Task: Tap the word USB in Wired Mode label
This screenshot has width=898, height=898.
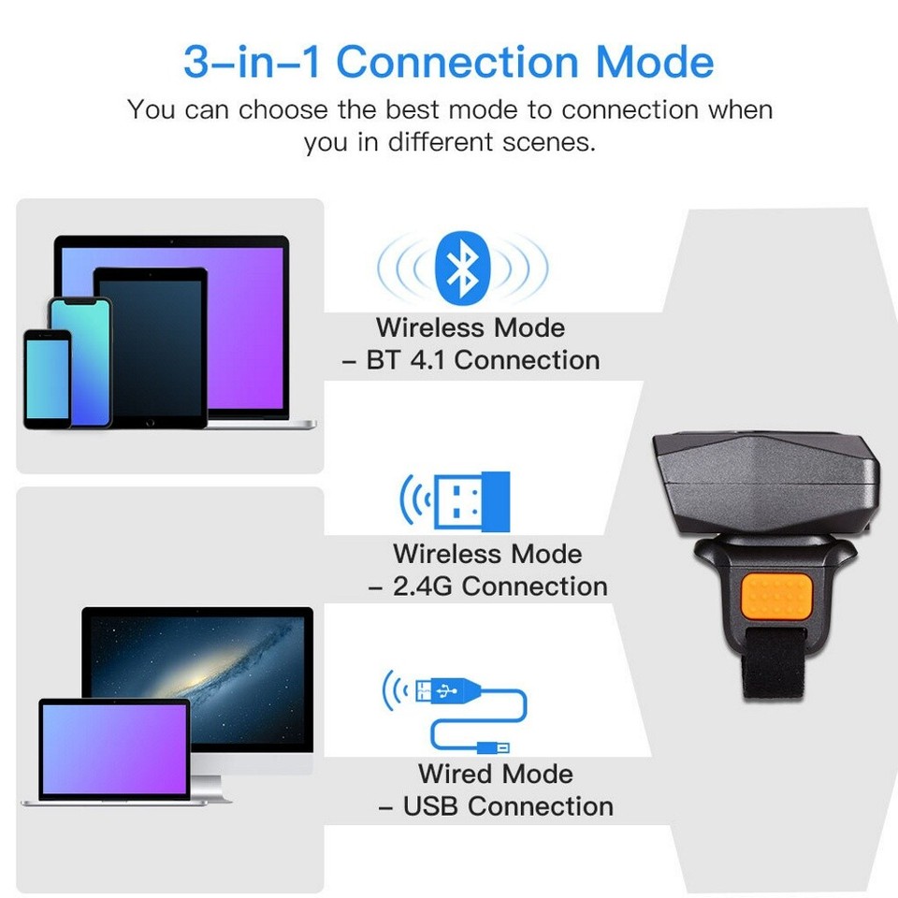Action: (x=432, y=806)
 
